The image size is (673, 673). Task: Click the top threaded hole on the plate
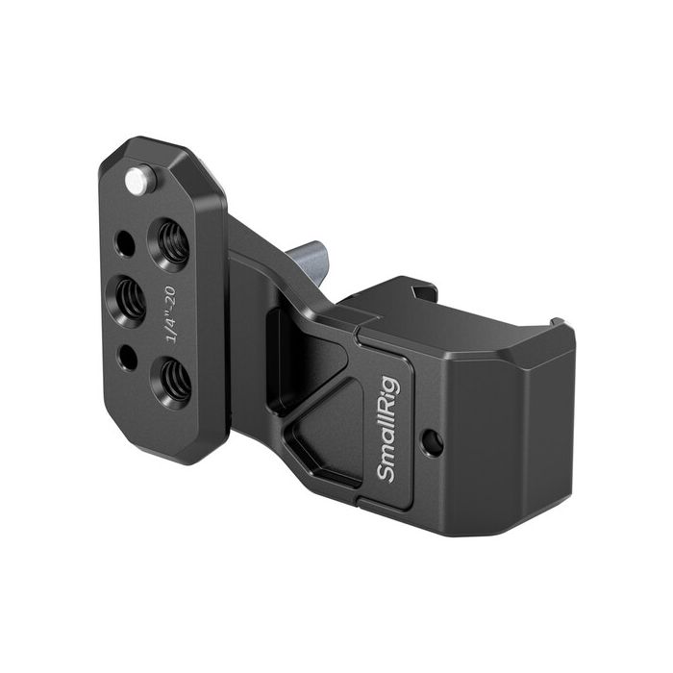coord(172,241)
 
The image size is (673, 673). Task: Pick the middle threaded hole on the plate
coord(129,299)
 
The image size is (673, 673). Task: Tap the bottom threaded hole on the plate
coord(174,380)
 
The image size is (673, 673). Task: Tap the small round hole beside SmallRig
coord(433,443)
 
